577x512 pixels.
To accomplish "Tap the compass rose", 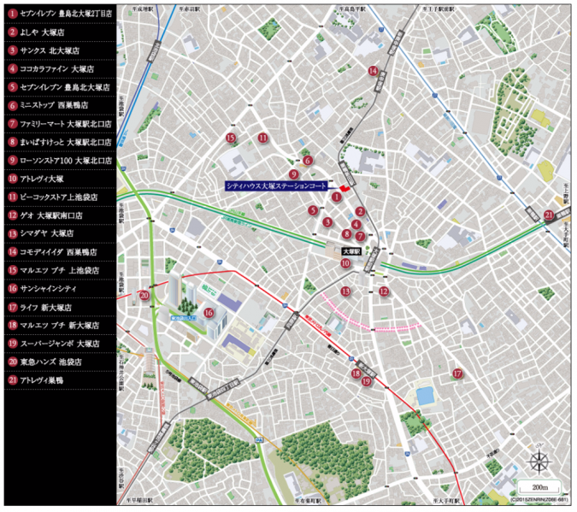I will [x=539, y=462].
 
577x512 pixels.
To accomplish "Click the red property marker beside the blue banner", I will [x=344, y=187].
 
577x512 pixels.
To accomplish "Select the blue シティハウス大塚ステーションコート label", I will [x=276, y=185].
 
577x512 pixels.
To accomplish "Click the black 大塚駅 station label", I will [x=351, y=252].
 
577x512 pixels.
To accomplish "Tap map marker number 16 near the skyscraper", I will [x=209, y=313].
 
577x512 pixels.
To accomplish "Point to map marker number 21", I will [x=549, y=215].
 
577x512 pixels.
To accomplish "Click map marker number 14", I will [x=373, y=71].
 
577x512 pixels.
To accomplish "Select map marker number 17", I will [x=457, y=374].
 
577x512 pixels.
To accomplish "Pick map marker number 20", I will [x=144, y=295].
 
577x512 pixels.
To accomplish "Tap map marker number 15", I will [x=230, y=138].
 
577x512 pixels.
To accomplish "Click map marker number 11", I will [x=263, y=138].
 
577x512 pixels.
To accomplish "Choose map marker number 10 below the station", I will [x=345, y=264].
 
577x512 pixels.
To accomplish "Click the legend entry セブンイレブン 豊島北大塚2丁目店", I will [x=60, y=15].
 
